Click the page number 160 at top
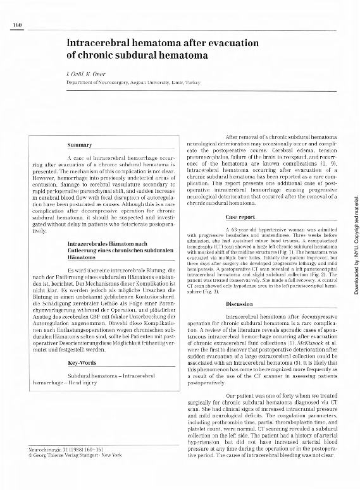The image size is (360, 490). [x=18, y=25]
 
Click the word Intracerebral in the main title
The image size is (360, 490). [x=102, y=43]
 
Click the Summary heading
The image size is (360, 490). [x=80, y=145]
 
